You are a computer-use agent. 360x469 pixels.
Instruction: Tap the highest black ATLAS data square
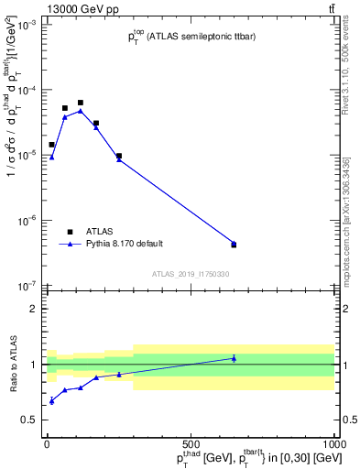(x=81, y=103)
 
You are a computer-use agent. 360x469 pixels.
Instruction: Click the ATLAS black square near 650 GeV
(x=234, y=245)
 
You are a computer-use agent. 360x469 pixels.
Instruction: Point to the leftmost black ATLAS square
(x=52, y=145)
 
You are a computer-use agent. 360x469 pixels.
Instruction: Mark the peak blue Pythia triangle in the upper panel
(x=81, y=111)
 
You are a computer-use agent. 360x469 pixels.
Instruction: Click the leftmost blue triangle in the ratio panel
(x=52, y=401)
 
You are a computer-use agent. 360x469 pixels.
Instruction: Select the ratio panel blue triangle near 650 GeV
(x=234, y=358)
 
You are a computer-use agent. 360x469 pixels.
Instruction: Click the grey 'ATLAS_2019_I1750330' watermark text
(x=191, y=274)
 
